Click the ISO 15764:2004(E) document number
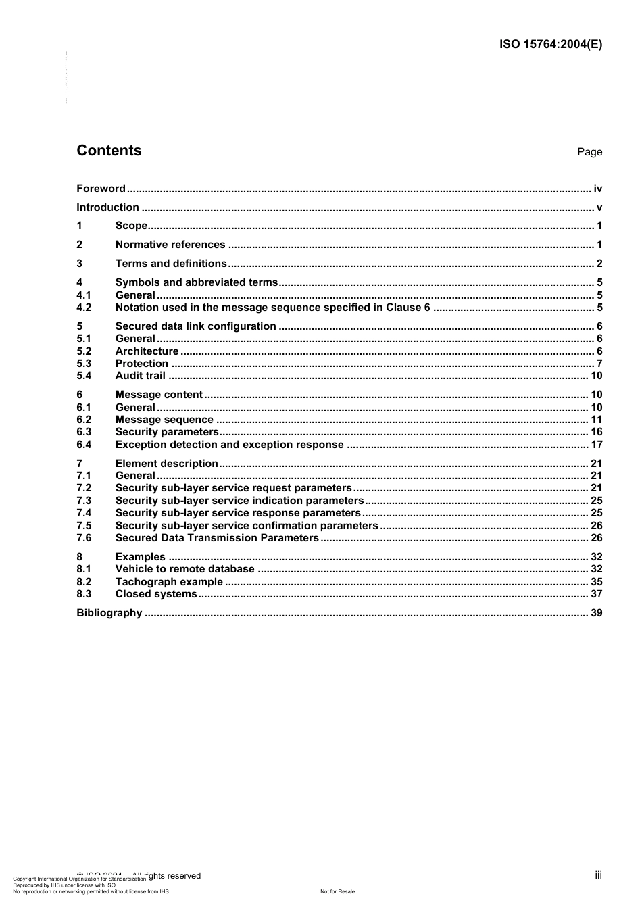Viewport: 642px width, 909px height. click(x=550, y=45)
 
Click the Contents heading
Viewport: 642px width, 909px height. click(x=109, y=151)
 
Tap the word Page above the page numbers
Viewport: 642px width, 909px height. click(x=589, y=152)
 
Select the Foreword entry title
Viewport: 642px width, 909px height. click(x=101, y=189)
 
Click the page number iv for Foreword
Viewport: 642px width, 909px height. click(x=597, y=189)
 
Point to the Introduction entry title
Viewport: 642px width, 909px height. click(x=107, y=207)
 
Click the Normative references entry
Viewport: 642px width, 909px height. click(x=170, y=245)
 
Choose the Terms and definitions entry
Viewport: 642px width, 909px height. click(x=171, y=264)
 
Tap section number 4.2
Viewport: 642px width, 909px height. click(x=84, y=308)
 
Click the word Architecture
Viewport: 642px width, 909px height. click(x=147, y=351)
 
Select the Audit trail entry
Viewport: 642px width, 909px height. click(x=140, y=376)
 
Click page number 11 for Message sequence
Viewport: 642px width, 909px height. click(x=596, y=420)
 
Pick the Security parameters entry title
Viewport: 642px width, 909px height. click(x=167, y=432)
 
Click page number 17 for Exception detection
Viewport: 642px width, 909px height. click(x=596, y=445)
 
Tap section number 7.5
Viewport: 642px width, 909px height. click(x=84, y=526)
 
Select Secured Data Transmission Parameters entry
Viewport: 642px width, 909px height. click(x=217, y=538)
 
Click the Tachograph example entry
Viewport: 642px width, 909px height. click(x=169, y=582)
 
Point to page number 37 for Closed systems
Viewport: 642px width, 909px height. click(x=596, y=594)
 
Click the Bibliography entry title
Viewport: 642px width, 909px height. click(x=109, y=613)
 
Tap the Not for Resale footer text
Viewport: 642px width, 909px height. click(x=337, y=891)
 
